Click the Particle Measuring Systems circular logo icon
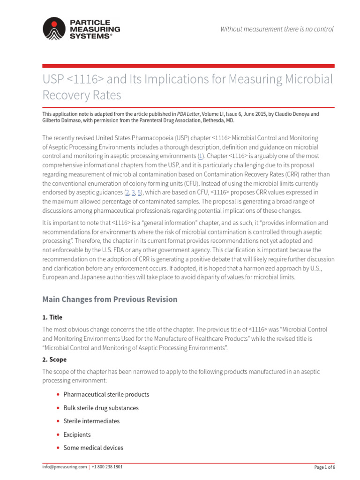point(55,29)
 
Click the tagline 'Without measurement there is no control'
point(277,29)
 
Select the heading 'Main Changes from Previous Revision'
point(110,299)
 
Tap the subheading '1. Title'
point(52,317)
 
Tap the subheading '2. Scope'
point(54,360)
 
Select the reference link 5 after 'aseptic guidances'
point(140,193)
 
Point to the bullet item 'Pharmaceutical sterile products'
point(106,394)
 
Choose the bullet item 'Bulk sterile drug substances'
point(101,408)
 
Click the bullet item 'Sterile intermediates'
point(91,421)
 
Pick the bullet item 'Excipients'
point(77,435)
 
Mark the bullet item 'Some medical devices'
point(93,448)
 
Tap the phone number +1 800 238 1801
point(107,467)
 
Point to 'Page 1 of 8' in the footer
point(324,467)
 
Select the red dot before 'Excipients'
point(57,435)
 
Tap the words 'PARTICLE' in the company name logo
point(90,22)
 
